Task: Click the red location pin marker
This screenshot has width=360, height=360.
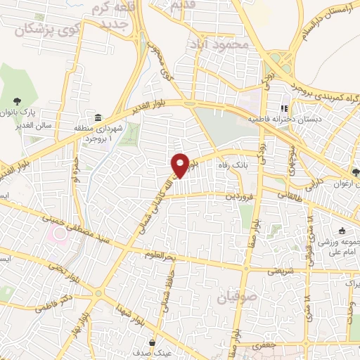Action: tap(181, 165)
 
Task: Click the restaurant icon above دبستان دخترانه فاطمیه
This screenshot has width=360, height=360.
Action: tap(284, 108)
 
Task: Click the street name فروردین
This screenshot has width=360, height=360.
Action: tap(239, 196)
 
